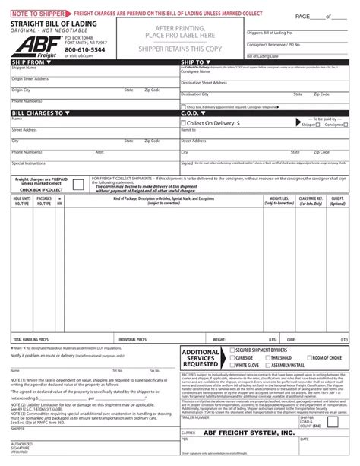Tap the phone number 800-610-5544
86,49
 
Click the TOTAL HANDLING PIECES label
31,316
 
